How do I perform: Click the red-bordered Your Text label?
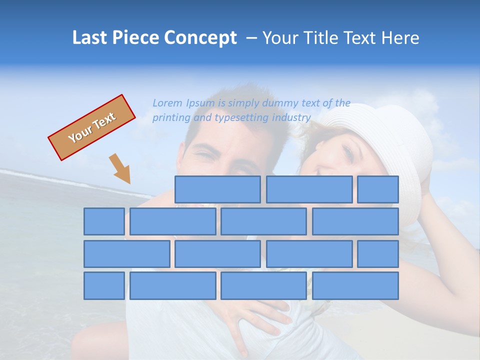coord(91,127)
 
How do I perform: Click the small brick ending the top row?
coord(378,189)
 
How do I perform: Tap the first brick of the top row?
coord(217,189)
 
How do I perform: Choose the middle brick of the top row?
coord(309,189)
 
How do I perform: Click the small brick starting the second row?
coord(104,221)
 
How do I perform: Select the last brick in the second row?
coord(355,221)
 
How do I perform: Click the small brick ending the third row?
coord(378,254)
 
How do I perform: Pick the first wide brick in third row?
coord(126,254)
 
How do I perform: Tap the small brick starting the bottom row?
coord(104,286)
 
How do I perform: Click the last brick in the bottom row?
coord(355,286)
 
